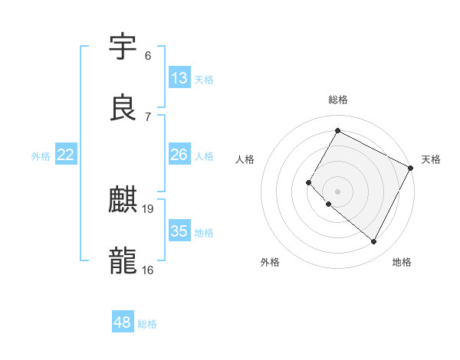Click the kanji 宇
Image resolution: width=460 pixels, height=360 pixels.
pos(123,47)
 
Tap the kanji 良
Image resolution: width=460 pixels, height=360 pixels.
pos(123,108)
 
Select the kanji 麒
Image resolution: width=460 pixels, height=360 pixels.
pos(123,200)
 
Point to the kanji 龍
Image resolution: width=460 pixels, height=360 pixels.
pos(123,260)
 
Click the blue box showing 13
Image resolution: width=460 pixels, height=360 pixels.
pos(179,78)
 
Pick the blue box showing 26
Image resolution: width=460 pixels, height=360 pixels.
pos(179,155)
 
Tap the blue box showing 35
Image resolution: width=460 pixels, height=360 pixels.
pos(179,231)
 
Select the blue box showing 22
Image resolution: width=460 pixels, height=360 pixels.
pos(66,155)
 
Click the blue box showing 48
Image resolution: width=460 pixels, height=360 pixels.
pos(123,322)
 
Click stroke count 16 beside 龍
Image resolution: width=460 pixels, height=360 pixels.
pos(148,270)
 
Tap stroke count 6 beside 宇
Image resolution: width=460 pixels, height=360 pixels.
pos(148,56)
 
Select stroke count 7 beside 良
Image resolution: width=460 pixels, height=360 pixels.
pos(148,116)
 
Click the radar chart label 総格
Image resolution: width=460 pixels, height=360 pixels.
pos(338,100)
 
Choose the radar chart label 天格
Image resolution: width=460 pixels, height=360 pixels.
pos(431,159)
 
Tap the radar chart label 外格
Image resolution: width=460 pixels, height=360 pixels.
pos(270,262)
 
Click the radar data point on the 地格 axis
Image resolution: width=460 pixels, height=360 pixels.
pos(374,242)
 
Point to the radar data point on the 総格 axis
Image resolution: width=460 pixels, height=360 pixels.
pos(337,130)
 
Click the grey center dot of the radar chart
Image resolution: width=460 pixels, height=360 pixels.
pos(337,191)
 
